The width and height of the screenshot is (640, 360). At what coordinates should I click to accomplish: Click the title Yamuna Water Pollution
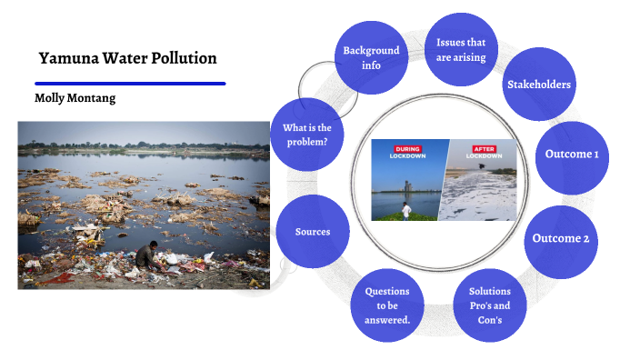[x=127, y=58]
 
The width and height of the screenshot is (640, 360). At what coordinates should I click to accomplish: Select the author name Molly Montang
[x=75, y=97]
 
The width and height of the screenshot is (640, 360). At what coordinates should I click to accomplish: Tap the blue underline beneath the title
[x=129, y=84]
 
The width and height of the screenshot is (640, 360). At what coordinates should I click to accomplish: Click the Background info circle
[x=371, y=57]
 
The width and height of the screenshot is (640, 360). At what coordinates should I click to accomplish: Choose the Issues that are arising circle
[x=461, y=50]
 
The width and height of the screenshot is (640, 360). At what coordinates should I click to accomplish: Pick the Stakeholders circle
[x=539, y=85]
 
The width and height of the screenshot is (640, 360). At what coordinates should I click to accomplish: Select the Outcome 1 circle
[x=572, y=154]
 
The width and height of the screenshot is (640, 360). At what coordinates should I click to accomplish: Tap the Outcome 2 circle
[x=561, y=238]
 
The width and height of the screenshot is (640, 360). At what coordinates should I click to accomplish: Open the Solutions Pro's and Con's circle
[x=490, y=305]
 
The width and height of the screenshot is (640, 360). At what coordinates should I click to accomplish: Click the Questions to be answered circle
[x=387, y=305]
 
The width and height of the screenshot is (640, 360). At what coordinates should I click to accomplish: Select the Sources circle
[x=312, y=231]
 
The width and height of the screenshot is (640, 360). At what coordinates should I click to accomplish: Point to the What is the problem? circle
[x=308, y=135]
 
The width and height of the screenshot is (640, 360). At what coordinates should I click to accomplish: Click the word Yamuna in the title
[x=65, y=58]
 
